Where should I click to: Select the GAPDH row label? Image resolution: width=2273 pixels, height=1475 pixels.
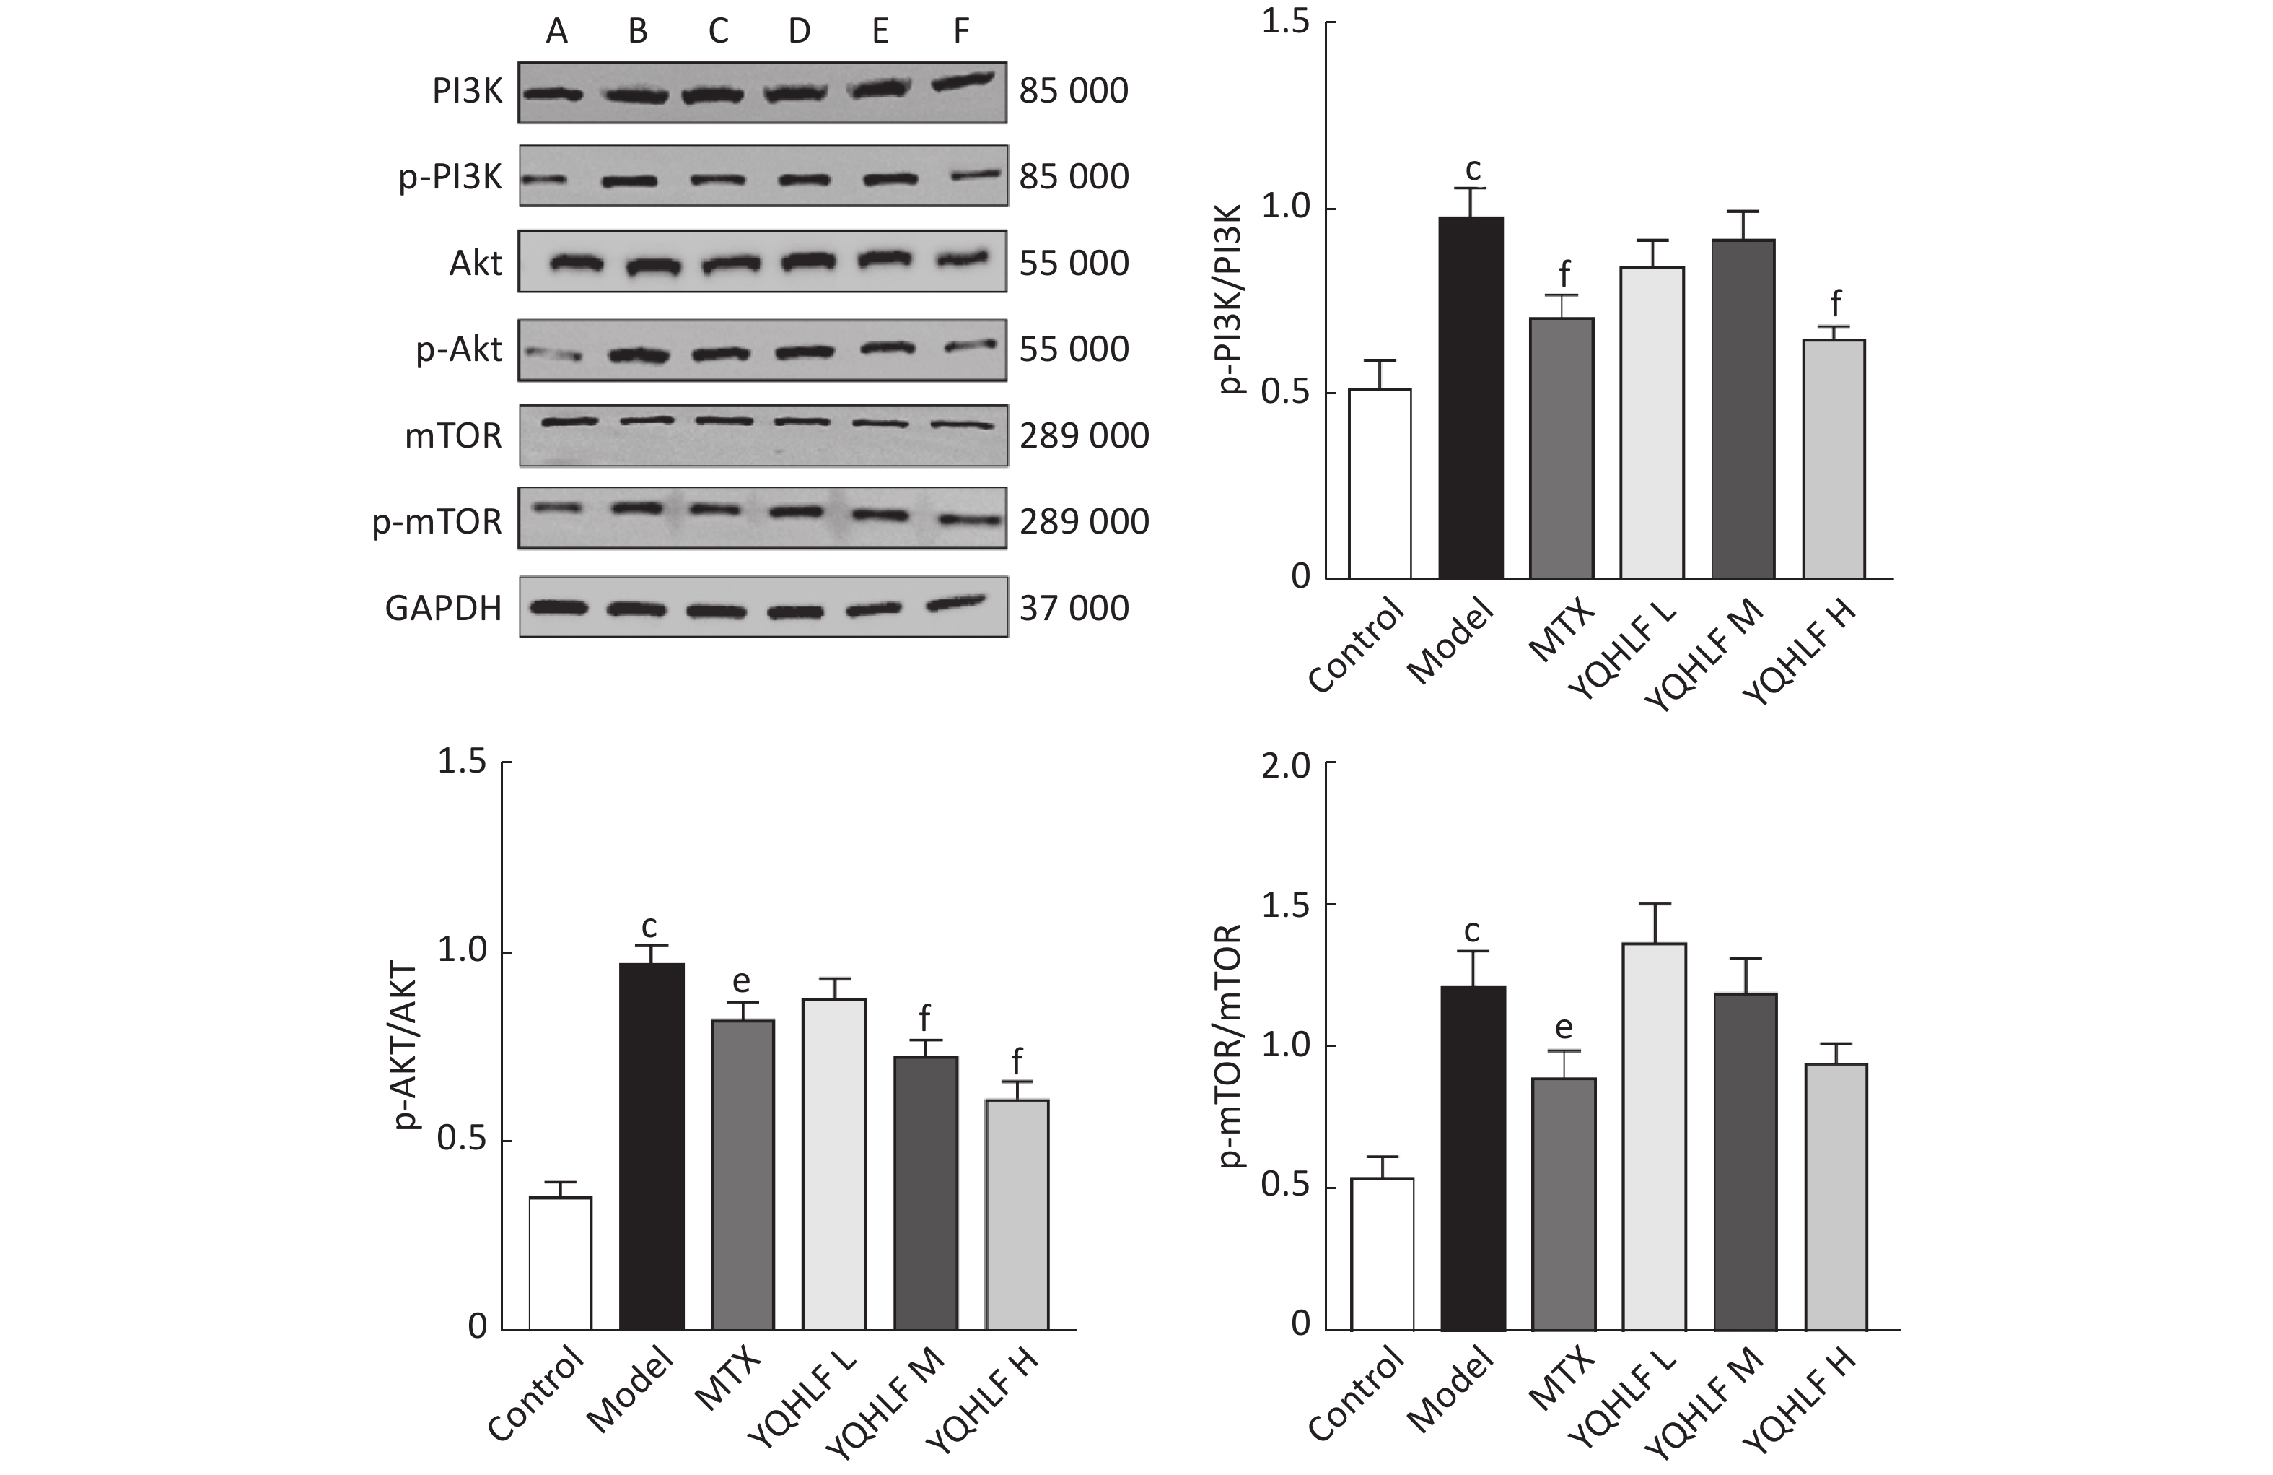[x=443, y=609]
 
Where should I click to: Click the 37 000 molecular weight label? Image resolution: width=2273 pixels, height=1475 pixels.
[x=1074, y=609]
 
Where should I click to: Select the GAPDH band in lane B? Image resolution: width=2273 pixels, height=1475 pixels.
[x=637, y=609]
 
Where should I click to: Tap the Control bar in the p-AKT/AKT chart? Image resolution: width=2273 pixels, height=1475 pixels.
[x=560, y=1262]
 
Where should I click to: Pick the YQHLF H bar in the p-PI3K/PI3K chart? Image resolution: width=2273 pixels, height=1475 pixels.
[x=1834, y=458]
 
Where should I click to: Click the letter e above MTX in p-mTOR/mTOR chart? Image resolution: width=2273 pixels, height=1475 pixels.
[x=1564, y=1028]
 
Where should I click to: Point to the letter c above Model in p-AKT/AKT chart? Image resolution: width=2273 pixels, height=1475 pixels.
[x=649, y=926]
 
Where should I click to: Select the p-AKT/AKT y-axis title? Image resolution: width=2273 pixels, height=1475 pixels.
[x=408, y=1046]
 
